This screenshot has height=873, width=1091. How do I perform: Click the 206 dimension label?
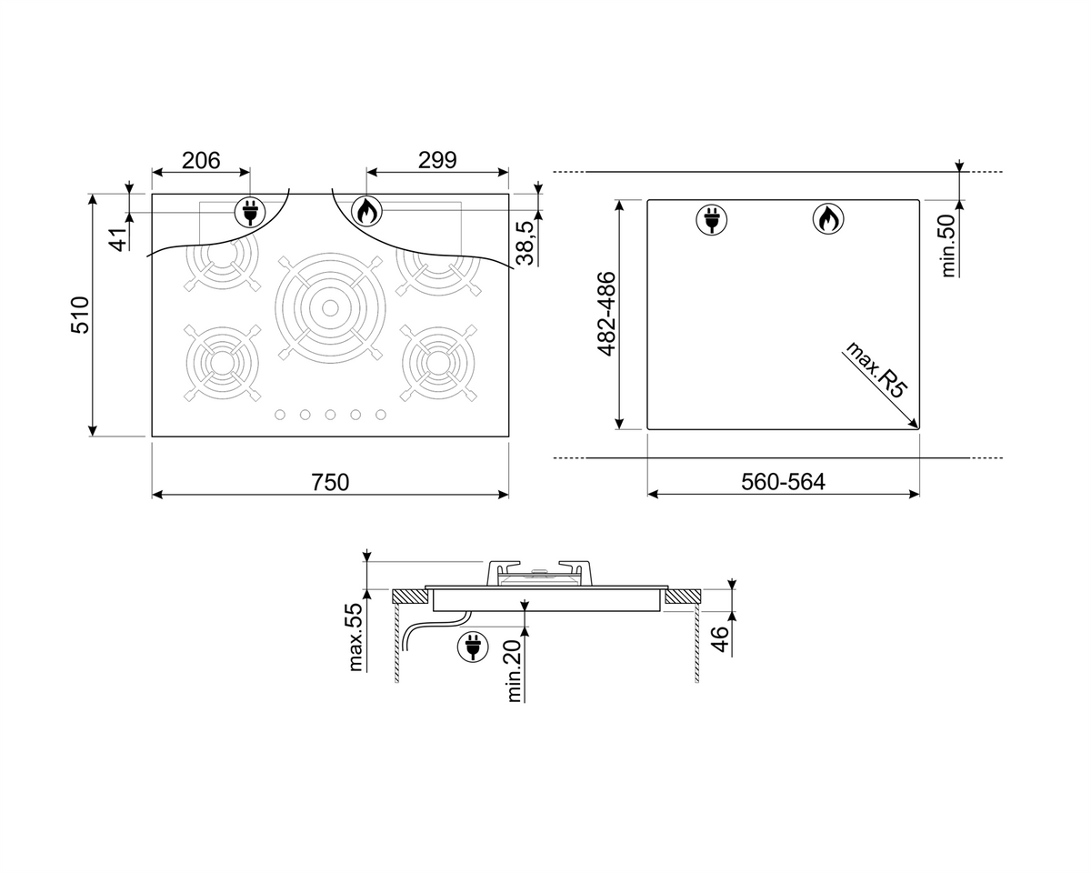pyautogui.click(x=201, y=161)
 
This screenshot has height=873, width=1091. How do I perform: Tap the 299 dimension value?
pyautogui.click(x=437, y=160)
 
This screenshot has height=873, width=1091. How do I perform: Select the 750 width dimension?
pyautogui.click(x=330, y=482)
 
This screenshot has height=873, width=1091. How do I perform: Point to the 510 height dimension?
pyautogui.click(x=80, y=315)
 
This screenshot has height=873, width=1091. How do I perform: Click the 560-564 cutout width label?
pyautogui.click(x=783, y=482)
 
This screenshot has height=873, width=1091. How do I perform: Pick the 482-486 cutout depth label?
pyautogui.click(x=606, y=314)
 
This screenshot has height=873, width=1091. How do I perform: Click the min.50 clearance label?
pyautogui.click(x=948, y=246)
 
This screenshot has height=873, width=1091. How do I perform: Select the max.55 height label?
pyautogui.click(x=355, y=637)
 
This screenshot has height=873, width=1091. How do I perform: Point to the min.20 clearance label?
pyautogui.click(x=514, y=671)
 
